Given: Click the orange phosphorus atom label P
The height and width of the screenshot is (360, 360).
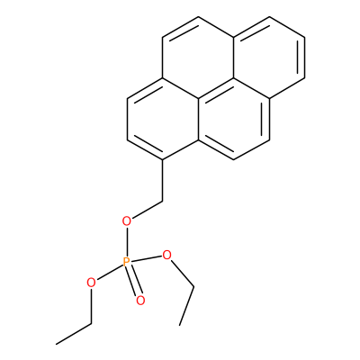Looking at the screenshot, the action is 127,262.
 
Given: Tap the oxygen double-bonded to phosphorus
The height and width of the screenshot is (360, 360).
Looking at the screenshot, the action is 140,301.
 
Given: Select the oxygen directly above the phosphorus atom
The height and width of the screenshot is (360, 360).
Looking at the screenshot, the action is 127,221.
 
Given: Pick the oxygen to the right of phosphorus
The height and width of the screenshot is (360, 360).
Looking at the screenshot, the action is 166,256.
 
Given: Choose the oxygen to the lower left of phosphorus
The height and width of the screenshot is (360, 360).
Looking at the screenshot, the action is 91,283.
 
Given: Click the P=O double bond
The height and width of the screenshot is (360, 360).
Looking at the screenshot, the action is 133,281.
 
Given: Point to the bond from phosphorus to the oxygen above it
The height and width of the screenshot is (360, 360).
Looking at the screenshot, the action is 127,242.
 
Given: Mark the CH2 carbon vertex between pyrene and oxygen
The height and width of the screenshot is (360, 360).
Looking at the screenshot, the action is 162,201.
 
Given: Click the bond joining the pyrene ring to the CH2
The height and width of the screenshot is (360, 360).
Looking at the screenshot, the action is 162,180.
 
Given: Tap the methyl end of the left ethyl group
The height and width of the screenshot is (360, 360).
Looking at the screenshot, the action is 56,344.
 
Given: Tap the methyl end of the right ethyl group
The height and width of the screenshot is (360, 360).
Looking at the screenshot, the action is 179,325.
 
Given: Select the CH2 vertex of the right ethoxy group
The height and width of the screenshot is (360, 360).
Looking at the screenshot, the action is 193,287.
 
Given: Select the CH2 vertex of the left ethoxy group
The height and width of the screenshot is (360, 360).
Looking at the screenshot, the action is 92,324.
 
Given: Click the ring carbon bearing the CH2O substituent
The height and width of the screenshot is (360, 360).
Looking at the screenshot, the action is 162,160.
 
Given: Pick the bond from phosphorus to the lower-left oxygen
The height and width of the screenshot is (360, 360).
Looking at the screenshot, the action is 110,272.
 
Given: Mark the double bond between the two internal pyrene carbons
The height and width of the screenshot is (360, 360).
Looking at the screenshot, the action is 216,89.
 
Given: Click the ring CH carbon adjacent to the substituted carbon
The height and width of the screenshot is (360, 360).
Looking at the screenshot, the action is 127,139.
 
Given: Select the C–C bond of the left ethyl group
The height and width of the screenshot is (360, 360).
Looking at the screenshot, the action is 74,334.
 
